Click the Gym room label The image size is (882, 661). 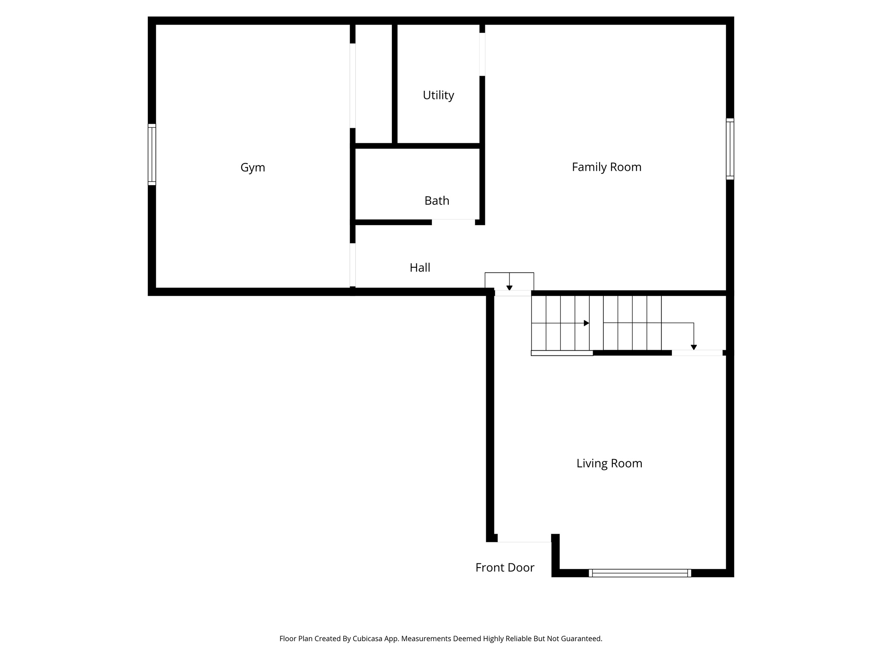252,167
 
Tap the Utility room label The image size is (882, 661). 438,95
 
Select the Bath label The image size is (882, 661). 437,201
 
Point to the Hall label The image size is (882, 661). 419,268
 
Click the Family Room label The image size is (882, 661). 606,167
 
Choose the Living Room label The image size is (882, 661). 609,463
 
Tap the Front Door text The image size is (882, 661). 505,568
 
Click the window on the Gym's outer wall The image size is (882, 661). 152,154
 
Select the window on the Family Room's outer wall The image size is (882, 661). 730,149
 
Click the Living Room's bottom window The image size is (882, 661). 640,573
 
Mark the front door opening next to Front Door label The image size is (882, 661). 524,539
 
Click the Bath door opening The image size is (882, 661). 453,222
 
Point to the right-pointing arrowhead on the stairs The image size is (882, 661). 586,323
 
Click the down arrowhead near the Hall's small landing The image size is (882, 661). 509,287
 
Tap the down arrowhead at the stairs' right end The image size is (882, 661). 693,347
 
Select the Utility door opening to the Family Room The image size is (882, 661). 482,54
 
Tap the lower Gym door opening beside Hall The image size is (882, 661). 352,265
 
